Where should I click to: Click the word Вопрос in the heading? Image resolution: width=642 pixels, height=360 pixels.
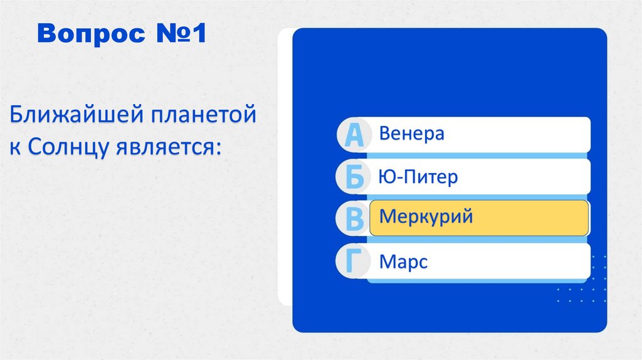[x=88, y=36]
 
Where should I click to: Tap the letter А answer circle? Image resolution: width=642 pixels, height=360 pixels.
[x=354, y=135]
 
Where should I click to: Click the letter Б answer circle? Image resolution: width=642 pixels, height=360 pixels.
[x=354, y=177]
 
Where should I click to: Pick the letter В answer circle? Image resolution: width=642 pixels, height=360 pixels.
[x=354, y=219]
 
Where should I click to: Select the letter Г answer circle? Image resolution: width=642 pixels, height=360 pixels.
[x=354, y=261]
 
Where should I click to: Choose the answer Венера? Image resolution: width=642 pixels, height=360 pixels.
[x=411, y=134]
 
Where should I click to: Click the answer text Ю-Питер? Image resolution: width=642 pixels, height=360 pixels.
[x=418, y=177]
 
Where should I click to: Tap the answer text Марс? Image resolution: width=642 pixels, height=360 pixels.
[x=403, y=261]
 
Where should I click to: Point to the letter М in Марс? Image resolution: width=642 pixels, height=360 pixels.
[x=386, y=261]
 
